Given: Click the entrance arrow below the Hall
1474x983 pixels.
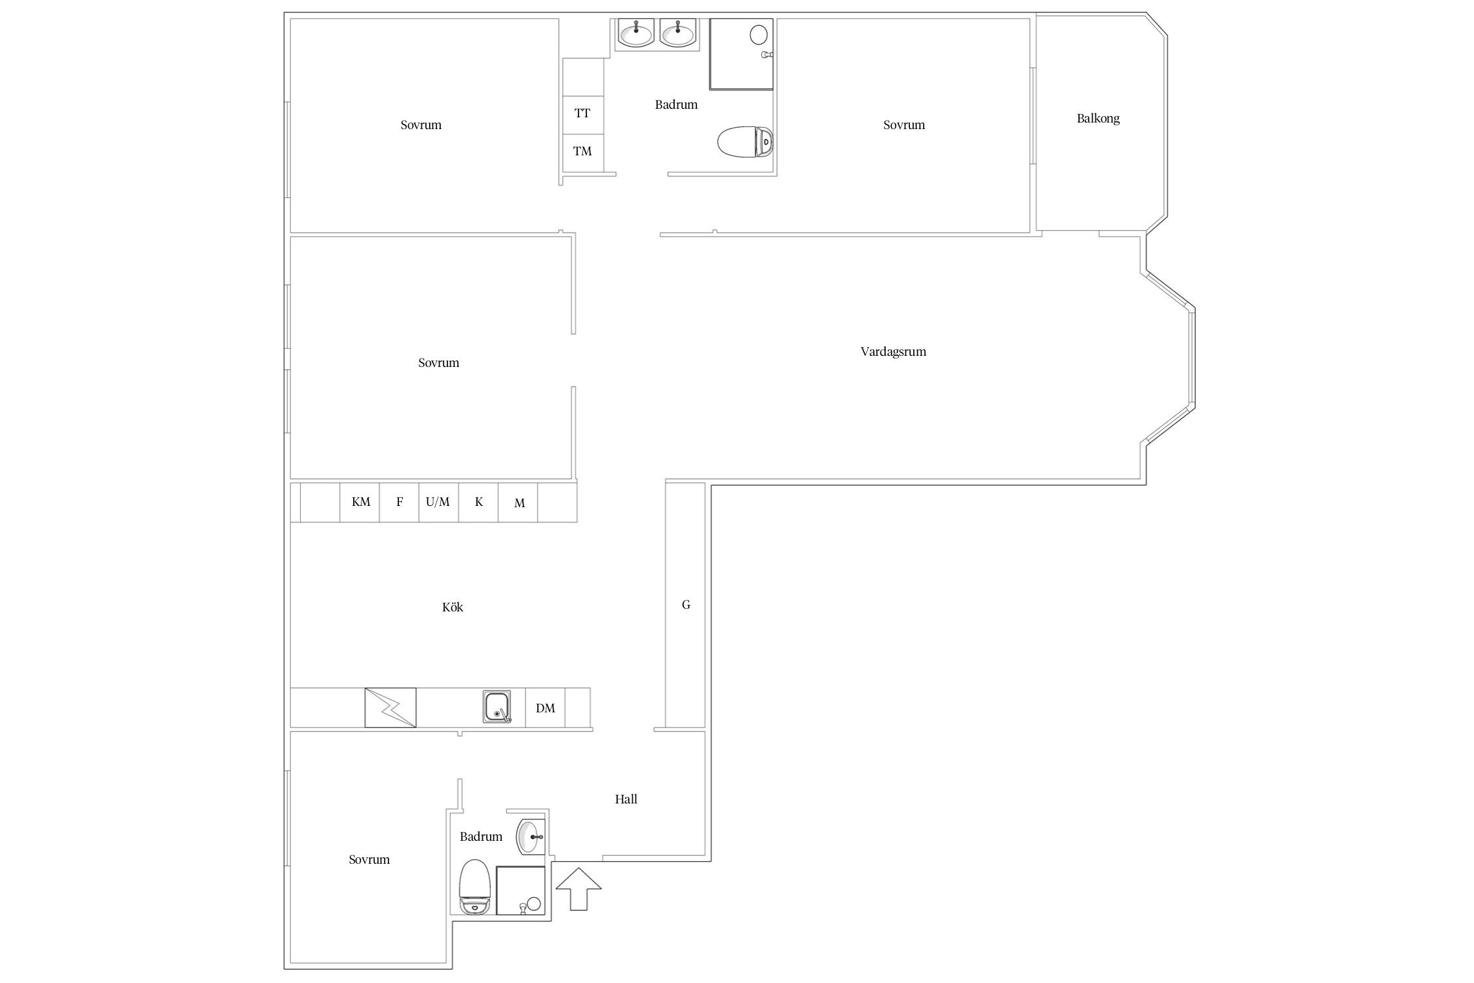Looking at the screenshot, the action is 578,889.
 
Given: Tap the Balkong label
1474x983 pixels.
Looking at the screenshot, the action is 1098,119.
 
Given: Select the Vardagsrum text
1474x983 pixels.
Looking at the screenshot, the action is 893,351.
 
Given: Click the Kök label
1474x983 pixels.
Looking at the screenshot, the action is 453,607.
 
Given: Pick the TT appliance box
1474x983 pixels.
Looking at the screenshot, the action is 582,113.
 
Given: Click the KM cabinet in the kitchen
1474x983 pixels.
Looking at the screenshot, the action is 360,502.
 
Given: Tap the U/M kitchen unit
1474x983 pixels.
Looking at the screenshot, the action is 438,502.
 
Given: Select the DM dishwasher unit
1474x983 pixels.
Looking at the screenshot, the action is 545,708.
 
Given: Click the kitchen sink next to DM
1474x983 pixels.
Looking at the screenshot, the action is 497,707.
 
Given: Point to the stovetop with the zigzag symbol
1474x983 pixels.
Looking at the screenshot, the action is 390,707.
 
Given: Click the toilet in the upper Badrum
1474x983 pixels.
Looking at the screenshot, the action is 746,141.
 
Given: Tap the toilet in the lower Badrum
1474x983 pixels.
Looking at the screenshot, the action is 475,887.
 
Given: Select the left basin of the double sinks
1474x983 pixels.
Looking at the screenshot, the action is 635,33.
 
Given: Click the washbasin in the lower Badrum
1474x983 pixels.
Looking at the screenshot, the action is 531,837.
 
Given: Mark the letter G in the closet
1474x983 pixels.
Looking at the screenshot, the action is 686,605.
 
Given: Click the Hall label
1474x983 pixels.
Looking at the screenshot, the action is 626,799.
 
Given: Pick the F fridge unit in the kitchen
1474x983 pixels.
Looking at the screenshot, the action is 400,502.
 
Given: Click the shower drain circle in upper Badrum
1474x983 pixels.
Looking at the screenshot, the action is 759,34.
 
